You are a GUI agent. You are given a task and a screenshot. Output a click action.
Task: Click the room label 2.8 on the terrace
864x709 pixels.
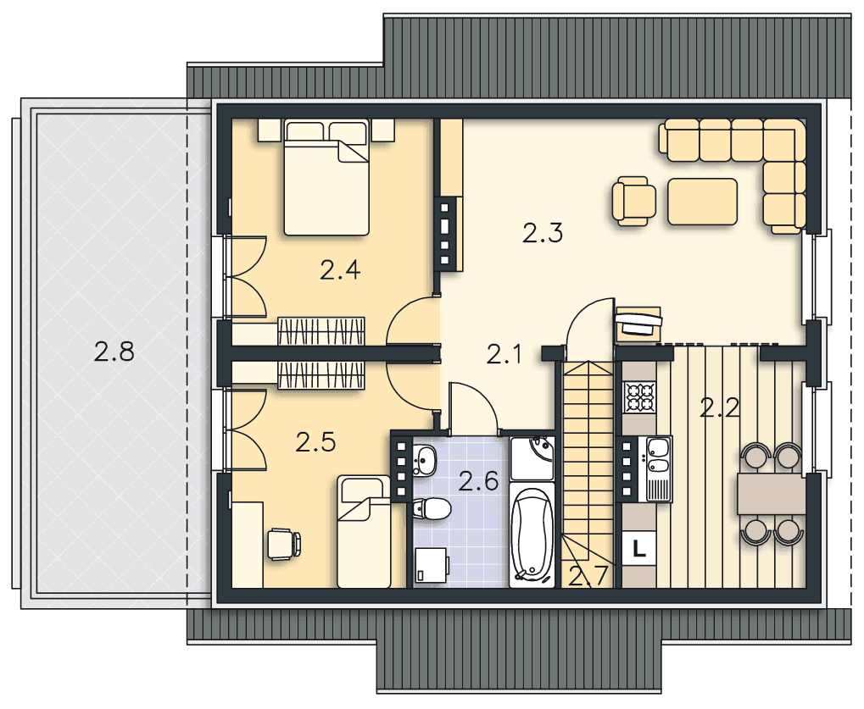[114, 352]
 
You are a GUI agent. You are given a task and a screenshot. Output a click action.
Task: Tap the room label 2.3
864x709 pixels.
[542, 233]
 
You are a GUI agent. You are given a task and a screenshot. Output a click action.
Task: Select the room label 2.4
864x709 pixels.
[340, 270]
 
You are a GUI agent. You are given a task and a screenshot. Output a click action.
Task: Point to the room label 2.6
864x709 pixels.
[478, 482]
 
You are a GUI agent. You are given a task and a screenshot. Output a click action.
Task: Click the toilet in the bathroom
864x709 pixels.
[431, 507]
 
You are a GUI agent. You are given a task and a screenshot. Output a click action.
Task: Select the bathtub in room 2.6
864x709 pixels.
[531, 534]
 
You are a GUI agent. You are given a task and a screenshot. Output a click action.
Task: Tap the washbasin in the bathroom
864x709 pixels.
[424, 460]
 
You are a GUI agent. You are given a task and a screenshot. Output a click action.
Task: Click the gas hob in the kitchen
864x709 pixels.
[639, 397]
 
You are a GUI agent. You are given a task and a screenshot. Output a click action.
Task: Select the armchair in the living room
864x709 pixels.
[634, 201]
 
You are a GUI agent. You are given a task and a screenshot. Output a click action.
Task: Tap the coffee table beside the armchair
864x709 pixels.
[703, 202]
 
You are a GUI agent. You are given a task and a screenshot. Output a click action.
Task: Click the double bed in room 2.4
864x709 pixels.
[326, 177]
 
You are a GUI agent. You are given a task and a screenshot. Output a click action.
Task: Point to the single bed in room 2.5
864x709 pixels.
[365, 532]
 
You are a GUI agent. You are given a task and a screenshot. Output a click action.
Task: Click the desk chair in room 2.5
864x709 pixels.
[284, 544]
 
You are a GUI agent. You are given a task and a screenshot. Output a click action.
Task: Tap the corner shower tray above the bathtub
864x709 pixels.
[532, 458]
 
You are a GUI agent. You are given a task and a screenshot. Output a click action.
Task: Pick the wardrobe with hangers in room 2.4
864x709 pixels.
[321, 331]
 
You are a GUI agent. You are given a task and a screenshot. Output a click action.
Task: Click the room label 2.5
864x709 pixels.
[315, 442]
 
